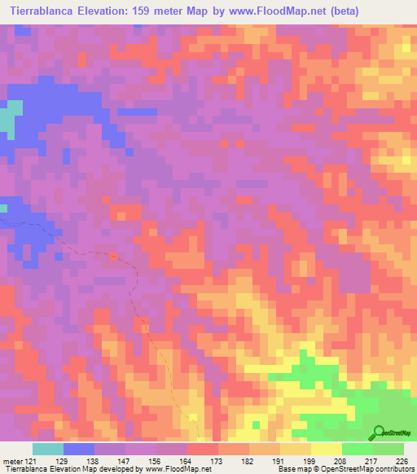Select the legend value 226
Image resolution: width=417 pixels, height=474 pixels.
pos(400,461)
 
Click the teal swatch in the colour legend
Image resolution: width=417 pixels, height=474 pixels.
pos(48,449)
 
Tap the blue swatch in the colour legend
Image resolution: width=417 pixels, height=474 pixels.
pos(79,449)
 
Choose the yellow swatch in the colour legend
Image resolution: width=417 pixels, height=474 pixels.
pos(327,449)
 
